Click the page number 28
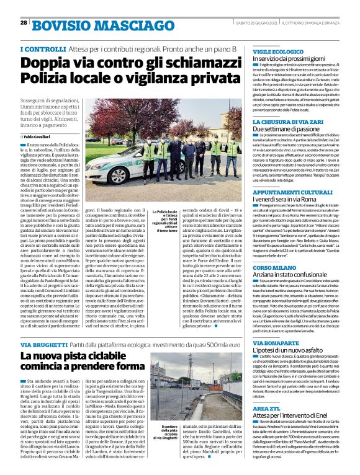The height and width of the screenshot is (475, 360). (x=24, y=23)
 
